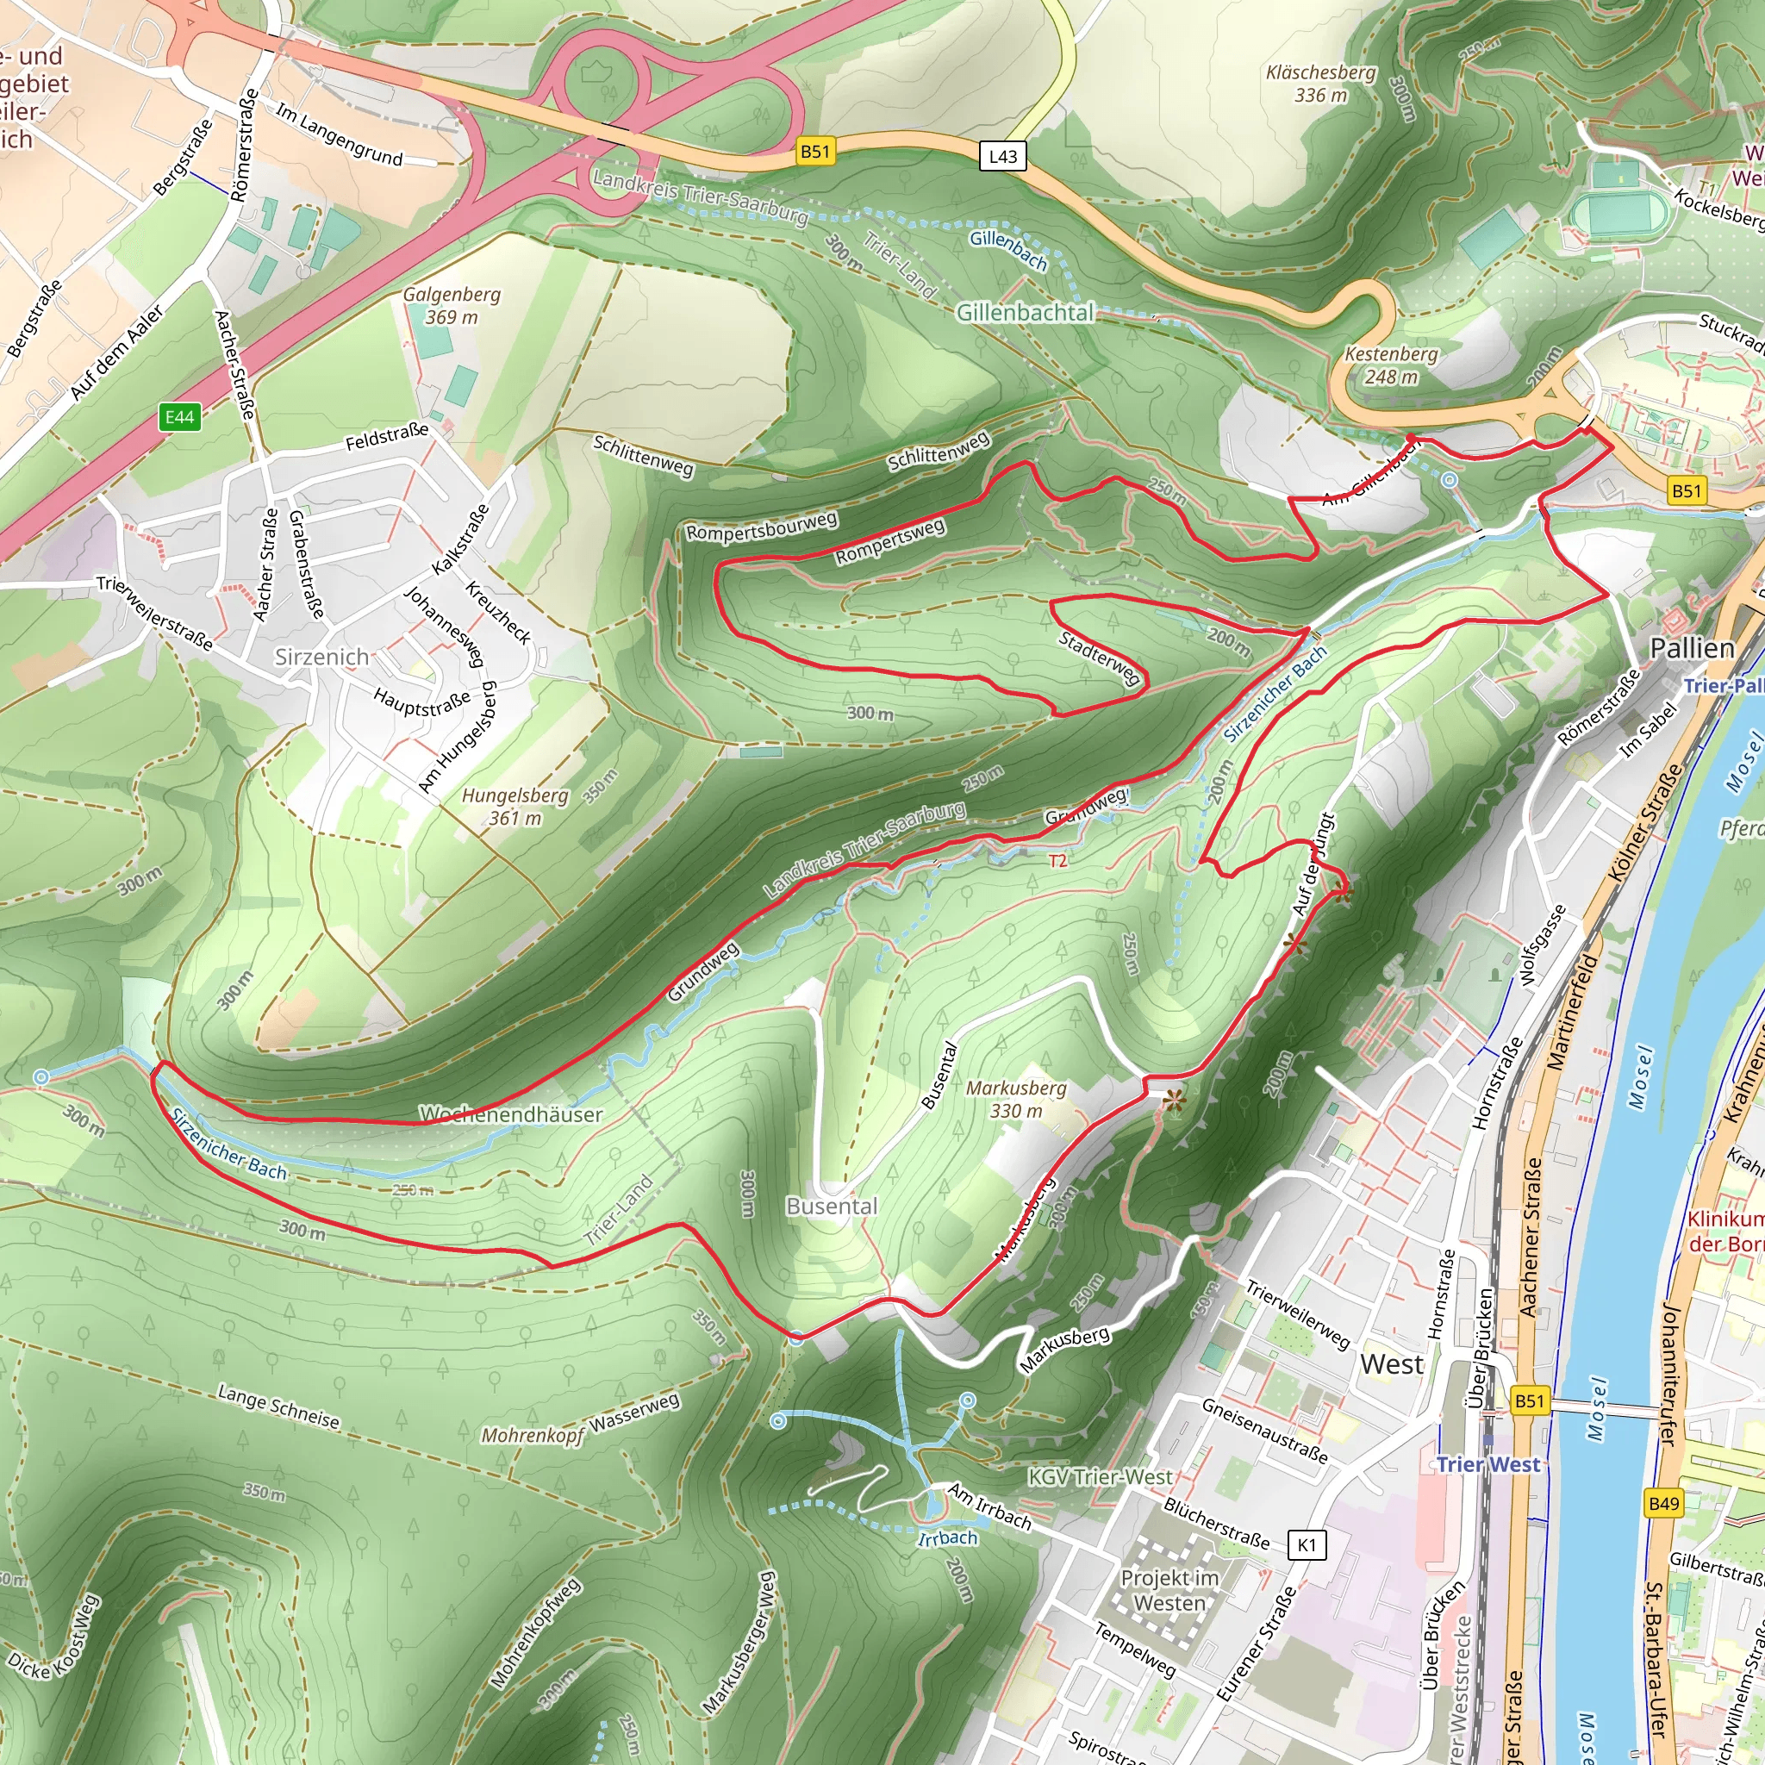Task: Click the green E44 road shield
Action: (x=179, y=417)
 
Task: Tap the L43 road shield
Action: (x=1002, y=156)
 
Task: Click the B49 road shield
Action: (x=1663, y=1504)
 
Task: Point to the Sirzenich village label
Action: (x=322, y=657)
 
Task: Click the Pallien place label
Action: (x=1692, y=649)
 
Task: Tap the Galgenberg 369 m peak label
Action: (x=452, y=306)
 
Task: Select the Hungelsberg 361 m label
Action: (x=515, y=807)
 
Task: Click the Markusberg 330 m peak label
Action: (x=1016, y=1099)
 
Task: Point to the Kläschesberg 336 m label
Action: (x=1320, y=83)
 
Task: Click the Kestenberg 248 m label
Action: (x=1390, y=365)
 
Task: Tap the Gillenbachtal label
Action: (x=1024, y=314)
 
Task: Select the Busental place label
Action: (x=832, y=1207)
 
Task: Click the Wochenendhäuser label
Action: (x=511, y=1114)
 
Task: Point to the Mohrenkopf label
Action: (x=532, y=1435)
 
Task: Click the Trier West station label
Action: (x=1488, y=1464)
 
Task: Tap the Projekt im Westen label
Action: (x=1169, y=1591)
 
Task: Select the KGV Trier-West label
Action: (x=1100, y=1477)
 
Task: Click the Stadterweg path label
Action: (x=1099, y=657)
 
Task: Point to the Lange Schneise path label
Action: (x=278, y=1406)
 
